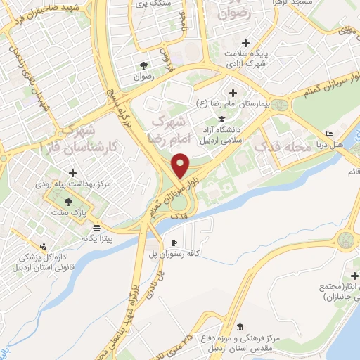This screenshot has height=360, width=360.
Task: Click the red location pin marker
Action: [x=180, y=165]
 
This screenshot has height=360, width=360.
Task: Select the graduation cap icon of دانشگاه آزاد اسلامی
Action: [x=222, y=118]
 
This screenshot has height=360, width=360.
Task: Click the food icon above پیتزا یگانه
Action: [x=96, y=228]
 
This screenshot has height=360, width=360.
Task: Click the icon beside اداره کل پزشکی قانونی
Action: [x=45, y=246]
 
